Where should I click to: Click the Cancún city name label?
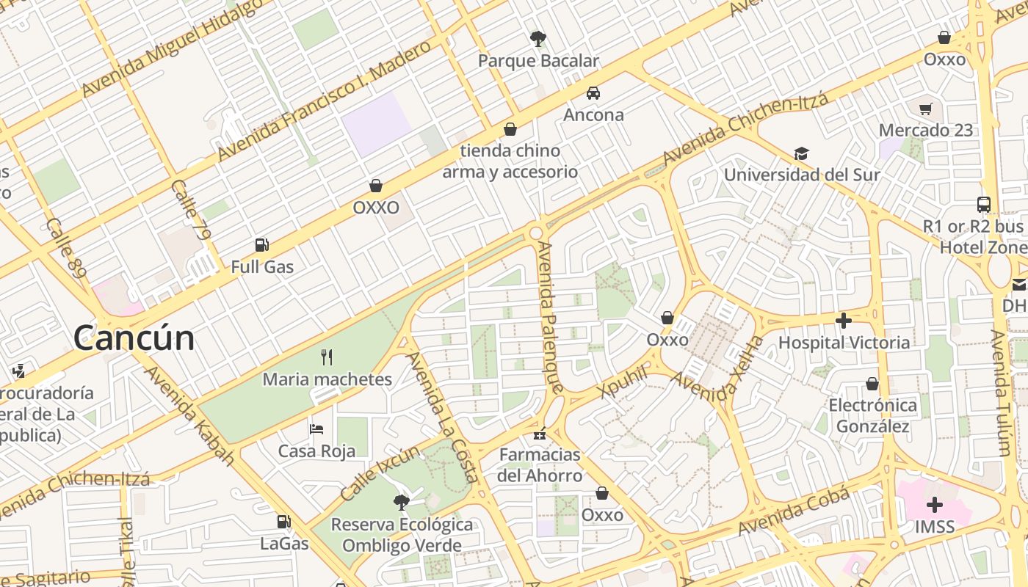(134, 338)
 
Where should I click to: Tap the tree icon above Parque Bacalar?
(538, 38)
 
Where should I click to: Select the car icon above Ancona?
(593, 93)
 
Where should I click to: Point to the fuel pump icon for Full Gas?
(261, 245)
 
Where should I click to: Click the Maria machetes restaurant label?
(327, 379)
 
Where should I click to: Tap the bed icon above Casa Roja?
(316, 429)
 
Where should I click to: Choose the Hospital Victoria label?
(844, 343)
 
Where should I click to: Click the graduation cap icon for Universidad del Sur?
(801, 153)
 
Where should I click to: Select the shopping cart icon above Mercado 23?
(925, 109)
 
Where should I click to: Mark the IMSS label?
(935, 527)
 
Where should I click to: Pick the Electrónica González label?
(873, 415)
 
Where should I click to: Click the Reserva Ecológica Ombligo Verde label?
(402, 535)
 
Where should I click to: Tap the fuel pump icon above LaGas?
(283, 522)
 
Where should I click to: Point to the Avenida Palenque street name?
(551, 317)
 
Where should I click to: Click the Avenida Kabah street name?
(189, 415)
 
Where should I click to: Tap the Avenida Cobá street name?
(794, 511)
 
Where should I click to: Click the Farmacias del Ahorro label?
(540, 465)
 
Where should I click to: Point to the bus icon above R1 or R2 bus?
(983, 204)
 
